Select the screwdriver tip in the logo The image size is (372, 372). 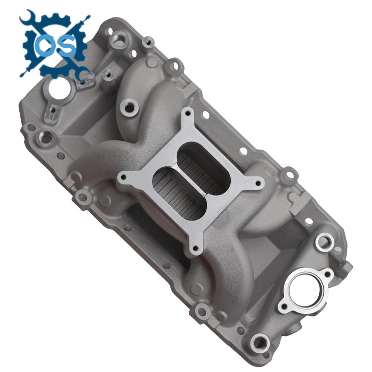[x=86, y=17]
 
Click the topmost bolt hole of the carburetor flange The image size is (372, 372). [x=187, y=112]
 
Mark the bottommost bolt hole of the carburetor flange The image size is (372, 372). [x=194, y=248]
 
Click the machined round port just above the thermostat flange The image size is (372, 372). [x=324, y=242]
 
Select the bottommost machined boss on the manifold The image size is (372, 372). [x=260, y=342]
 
